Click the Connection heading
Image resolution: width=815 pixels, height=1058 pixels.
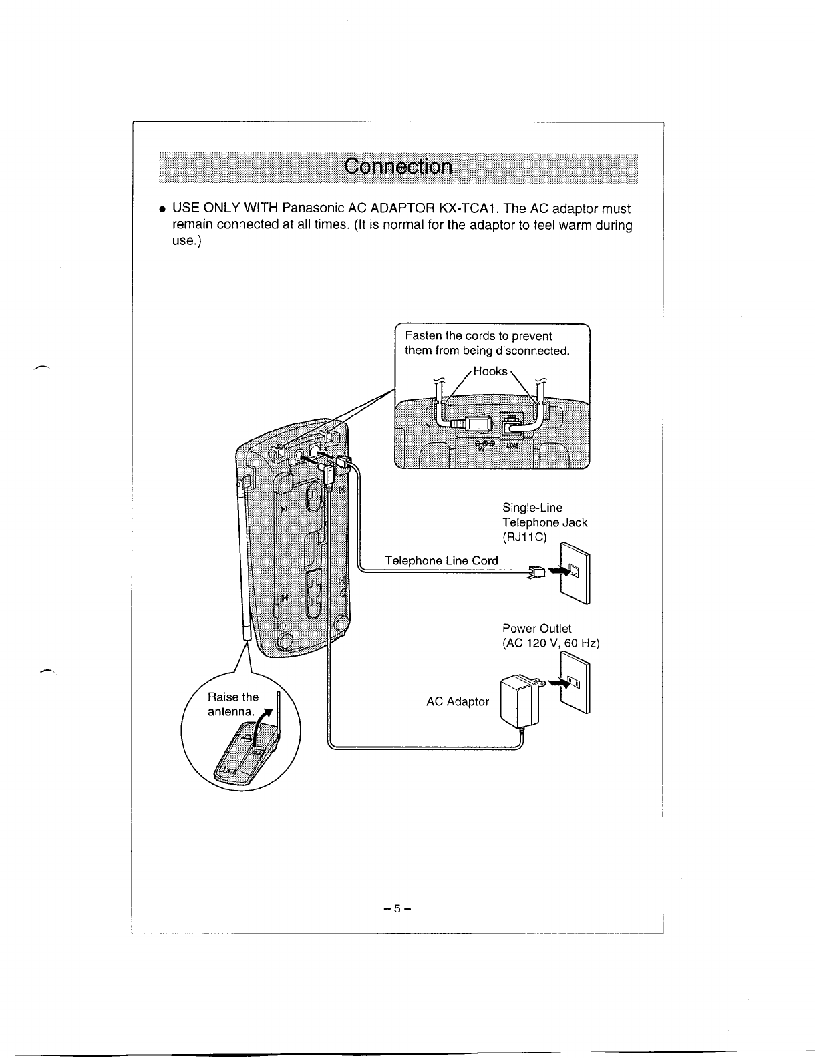click(398, 166)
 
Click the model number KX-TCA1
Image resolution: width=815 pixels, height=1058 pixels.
click(466, 208)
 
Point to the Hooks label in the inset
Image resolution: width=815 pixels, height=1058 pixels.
click(490, 371)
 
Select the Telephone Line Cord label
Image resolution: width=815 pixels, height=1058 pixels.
click(442, 560)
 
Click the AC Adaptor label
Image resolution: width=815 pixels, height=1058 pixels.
click(458, 701)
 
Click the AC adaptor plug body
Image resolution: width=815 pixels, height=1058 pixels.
click(517, 701)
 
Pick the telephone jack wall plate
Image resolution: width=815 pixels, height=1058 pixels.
click(575, 572)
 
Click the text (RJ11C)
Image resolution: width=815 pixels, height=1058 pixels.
click(525, 538)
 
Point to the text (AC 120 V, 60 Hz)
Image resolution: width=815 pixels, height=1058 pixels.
click(551, 643)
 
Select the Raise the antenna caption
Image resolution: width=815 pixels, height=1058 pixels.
click(232, 705)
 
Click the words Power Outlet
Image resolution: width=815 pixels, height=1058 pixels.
click(536, 629)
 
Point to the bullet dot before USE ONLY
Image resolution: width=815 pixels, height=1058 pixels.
click(162, 209)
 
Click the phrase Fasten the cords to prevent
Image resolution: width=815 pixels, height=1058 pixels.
click(478, 336)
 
